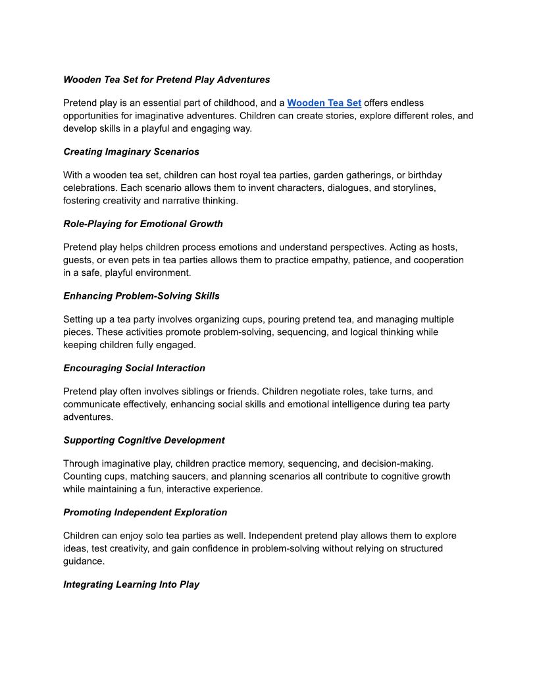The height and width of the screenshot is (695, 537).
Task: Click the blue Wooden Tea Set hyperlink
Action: tap(324, 103)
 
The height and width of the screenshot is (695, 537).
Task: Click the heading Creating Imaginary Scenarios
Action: tap(131, 152)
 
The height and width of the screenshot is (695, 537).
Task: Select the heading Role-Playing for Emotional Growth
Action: tap(143, 224)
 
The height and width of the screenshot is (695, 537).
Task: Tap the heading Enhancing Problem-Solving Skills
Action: tap(141, 296)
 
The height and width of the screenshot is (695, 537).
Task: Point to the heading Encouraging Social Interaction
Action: tap(134, 368)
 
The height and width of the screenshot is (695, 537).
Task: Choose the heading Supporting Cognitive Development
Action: tap(144, 440)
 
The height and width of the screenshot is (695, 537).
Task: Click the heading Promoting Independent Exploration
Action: tap(145, 513)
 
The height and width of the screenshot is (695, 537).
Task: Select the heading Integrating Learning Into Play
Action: tap(131, 584)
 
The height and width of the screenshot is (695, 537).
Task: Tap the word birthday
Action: tap(425, 176)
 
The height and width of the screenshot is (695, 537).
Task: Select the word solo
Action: tap(166, 536)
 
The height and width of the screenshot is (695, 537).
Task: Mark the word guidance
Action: tap(84, 561)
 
